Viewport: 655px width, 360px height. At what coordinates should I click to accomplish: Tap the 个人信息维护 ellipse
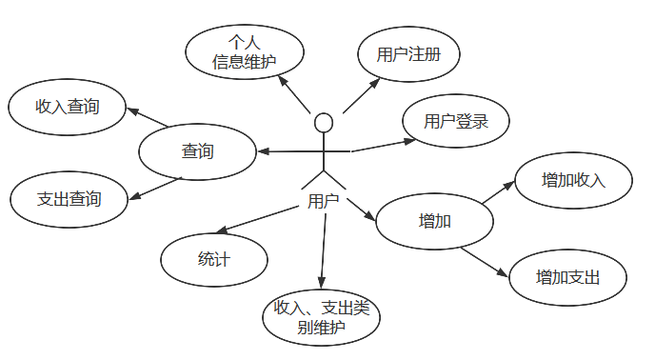click(x=245, y=54)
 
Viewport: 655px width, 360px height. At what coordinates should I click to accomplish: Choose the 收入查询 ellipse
click(x=67, y=107)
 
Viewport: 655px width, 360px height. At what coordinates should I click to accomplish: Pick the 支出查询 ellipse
click(x=69, y=200)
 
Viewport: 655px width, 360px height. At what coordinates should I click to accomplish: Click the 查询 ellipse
click(x=197, y=151)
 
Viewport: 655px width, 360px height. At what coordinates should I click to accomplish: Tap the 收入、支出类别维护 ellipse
click(x=321, y=316)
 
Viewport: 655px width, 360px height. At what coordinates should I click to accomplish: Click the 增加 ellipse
click(x=434, y=222)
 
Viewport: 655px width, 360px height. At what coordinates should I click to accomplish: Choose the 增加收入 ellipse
click(x=573, y=180)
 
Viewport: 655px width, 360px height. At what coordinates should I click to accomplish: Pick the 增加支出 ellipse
click(x=568, y=277)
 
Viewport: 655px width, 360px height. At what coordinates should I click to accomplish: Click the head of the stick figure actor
click(x=324, y=123)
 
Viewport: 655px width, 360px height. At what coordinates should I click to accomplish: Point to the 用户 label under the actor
click(x=324, y=201)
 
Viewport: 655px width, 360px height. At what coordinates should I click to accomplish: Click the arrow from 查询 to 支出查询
click(x=150, y=190)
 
